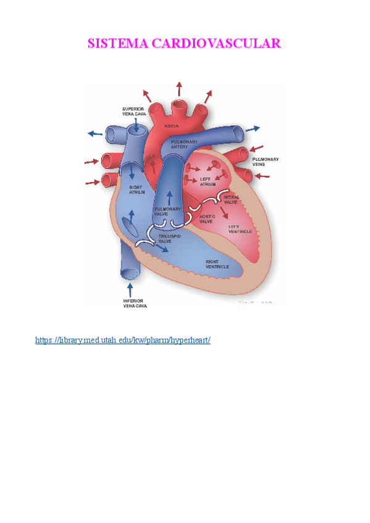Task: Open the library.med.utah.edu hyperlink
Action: click(x=123, y=340)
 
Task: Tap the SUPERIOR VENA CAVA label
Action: click(x=133, y=112)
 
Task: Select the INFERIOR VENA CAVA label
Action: click(x=135, y=303)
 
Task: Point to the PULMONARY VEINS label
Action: click(x=266, y=162)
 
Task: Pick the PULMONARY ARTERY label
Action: click(x=184, y=144)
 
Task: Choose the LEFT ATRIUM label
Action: click(x=208, y=182)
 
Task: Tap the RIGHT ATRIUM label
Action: click(x=137, y=189)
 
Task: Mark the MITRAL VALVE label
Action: click(x=231, y=199)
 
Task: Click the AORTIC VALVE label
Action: click(x=207, y=220)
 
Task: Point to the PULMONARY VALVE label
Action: click(x=168, y=212)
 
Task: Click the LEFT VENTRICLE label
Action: click(x=240, y=229)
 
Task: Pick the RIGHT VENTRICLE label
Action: click(x=217, y=264)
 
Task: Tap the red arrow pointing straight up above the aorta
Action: click(x=179, y=88)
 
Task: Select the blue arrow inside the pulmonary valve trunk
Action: click(x=169, y=197)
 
